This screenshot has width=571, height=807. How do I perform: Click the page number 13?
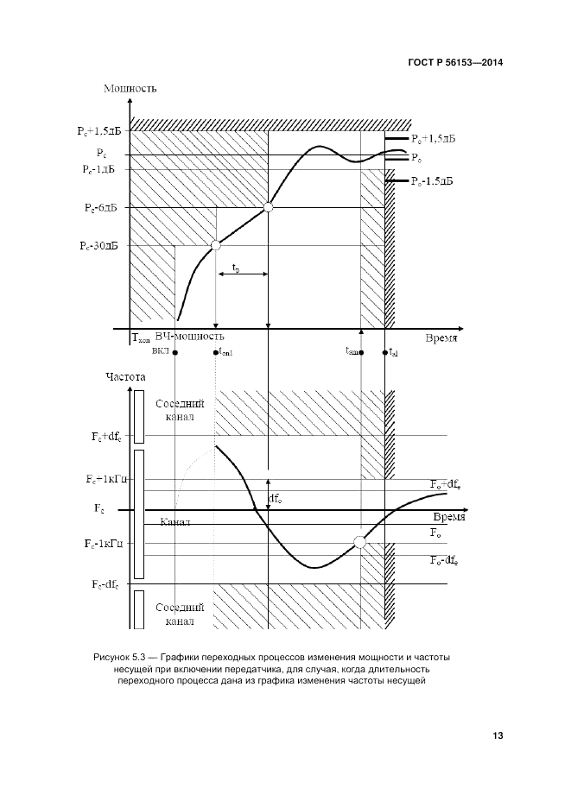coord(498,735)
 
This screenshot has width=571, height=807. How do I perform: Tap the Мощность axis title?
coord(130,89)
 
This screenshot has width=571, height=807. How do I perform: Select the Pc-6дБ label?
coord(101,209)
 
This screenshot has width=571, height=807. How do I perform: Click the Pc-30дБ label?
coord(99,246)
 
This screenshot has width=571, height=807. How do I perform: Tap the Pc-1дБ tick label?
coord(100,169)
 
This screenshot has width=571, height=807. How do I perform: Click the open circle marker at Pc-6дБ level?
coord(268,207)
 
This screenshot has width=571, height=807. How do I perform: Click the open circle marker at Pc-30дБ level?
coord(216,246)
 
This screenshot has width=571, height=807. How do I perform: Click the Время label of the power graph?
coord(441,339)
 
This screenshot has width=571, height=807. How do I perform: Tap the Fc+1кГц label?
coord(105,478)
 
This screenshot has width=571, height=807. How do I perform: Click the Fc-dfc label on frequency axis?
coord(103,584)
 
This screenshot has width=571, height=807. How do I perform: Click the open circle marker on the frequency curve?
coord(358,542)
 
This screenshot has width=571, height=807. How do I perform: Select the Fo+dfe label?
coord(447,484)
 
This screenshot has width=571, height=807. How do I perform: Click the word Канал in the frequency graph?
coord(175,523)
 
